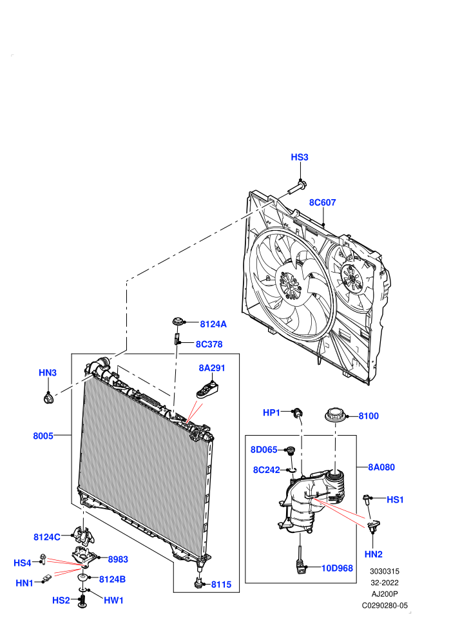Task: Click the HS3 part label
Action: tap(300, 157)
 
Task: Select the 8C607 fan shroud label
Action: tap(323, 202)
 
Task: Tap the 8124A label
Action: tap(213, 324)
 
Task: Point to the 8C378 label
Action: tap(209, 344)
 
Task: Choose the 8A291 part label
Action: tap(212, 368)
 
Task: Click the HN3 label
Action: tap(48, 372)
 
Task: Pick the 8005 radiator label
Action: tap(43, 436)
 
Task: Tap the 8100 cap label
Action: tap(369, 416)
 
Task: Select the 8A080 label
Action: tap(381, 467)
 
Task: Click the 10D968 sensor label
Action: tap(337, 568)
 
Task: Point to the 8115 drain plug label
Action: tap(221, 585)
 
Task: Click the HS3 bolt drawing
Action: tap(297, 187)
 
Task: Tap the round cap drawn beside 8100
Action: tap(336, 416)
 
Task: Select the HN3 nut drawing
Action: tap(48, 398)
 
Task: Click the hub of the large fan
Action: tap(291, 283)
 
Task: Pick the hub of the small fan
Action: tap(352, 278)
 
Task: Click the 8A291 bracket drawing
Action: tap(208, 389)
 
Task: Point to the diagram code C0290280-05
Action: tap(385, 605)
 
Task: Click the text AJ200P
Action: tap(385, 594)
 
